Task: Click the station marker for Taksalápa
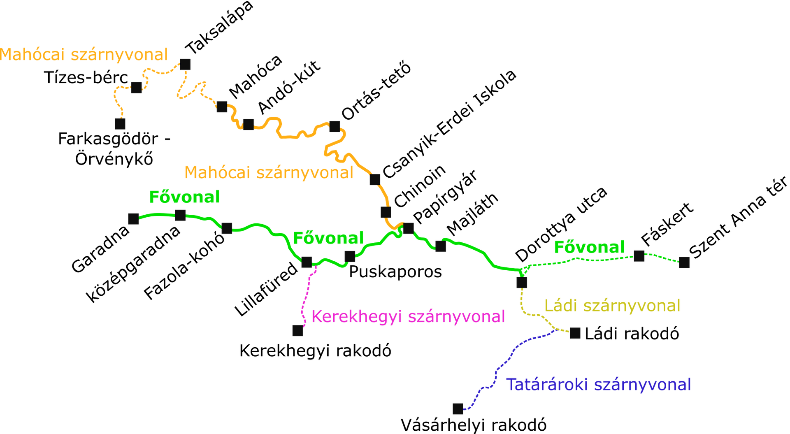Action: coord(185,64)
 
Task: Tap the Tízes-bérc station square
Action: coord(137,87)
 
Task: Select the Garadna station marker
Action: coord(133,219)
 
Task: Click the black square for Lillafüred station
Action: coord(307,262)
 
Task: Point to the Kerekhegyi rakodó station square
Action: coord(297,330)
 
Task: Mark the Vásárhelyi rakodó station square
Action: coord(458,408)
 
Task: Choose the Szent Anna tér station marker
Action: coord(684,262)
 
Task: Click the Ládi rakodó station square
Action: coord(575,333)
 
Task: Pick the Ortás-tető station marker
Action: coord(335,126)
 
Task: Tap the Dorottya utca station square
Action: coord(522,283)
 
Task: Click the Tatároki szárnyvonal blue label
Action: coord(598,385)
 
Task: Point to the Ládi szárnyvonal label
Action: coord(612,306)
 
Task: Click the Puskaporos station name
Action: coord(395,272)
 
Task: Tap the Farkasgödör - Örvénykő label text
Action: coord(114,149)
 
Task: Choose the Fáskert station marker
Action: coord(639,256)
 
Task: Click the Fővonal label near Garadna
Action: coord(184,197)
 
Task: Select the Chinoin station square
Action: coord(386,212)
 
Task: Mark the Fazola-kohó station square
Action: coord(227,228)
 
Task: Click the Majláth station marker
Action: coord(441,246)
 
